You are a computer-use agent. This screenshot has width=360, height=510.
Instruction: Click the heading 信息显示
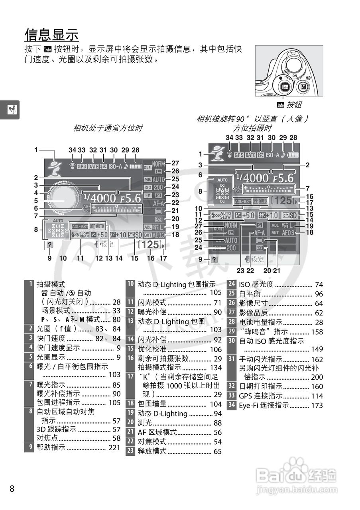coord(51,35)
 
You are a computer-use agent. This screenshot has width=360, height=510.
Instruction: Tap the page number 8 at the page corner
coord(12,488)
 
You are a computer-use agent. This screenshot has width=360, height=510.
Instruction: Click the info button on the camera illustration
coord(285,86)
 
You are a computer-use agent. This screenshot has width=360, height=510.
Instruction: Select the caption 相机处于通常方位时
coord(108,128)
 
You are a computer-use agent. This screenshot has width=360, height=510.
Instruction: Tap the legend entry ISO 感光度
coord(256,284)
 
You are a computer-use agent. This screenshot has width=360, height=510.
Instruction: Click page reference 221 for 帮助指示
coord(114,447)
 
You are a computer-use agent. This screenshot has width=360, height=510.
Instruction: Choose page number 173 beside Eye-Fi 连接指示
coord(317,406)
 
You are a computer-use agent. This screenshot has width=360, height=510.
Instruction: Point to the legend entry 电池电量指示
coord(261,322)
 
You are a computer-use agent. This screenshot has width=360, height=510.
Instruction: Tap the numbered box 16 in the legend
coord(130,358)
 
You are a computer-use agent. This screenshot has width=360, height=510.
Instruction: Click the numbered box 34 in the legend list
coord(232,406)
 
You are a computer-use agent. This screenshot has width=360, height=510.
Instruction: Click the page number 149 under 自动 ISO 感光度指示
coord(317,349)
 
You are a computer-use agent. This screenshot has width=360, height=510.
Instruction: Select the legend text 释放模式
coord(152,451)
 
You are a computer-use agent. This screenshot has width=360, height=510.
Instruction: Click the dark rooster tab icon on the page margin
coord(9,110)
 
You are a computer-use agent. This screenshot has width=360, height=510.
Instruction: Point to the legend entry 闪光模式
coord(152,303)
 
